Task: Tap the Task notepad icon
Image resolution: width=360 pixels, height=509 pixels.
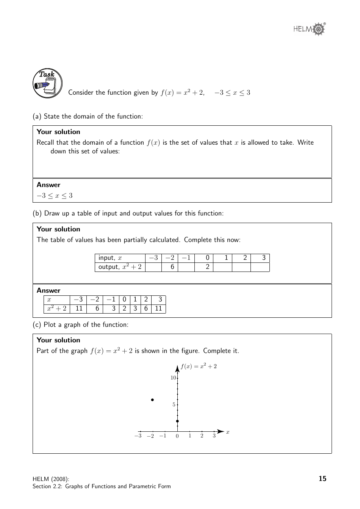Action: click(47, 84)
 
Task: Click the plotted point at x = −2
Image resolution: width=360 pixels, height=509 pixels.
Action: click(152, 400)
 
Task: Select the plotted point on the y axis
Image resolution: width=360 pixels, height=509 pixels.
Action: click(177, 421)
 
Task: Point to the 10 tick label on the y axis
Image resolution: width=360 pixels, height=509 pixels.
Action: click(173, 378)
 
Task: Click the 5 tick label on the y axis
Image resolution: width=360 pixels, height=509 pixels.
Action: click(174, 405)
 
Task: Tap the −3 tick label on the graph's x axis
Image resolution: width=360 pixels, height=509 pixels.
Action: click(138, 436)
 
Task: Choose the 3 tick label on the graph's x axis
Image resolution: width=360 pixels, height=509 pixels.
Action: click(214, 436)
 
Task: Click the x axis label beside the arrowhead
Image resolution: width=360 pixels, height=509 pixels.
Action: click(228, 432)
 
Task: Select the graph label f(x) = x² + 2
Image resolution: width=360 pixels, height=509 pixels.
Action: click(199, 366)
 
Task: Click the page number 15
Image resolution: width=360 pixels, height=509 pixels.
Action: click(322, 479)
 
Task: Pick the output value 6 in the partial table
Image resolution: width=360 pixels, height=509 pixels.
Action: click(172, 267)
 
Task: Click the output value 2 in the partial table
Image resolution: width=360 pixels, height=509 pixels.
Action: click(207, 267)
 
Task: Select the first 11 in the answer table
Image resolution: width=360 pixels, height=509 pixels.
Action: click(79, 308)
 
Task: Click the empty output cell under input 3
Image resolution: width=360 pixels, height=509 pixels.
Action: click(260, 267)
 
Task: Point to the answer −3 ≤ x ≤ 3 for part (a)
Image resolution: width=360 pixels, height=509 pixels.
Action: click(55, 196)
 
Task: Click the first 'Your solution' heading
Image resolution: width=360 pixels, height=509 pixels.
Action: click(58, 132)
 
